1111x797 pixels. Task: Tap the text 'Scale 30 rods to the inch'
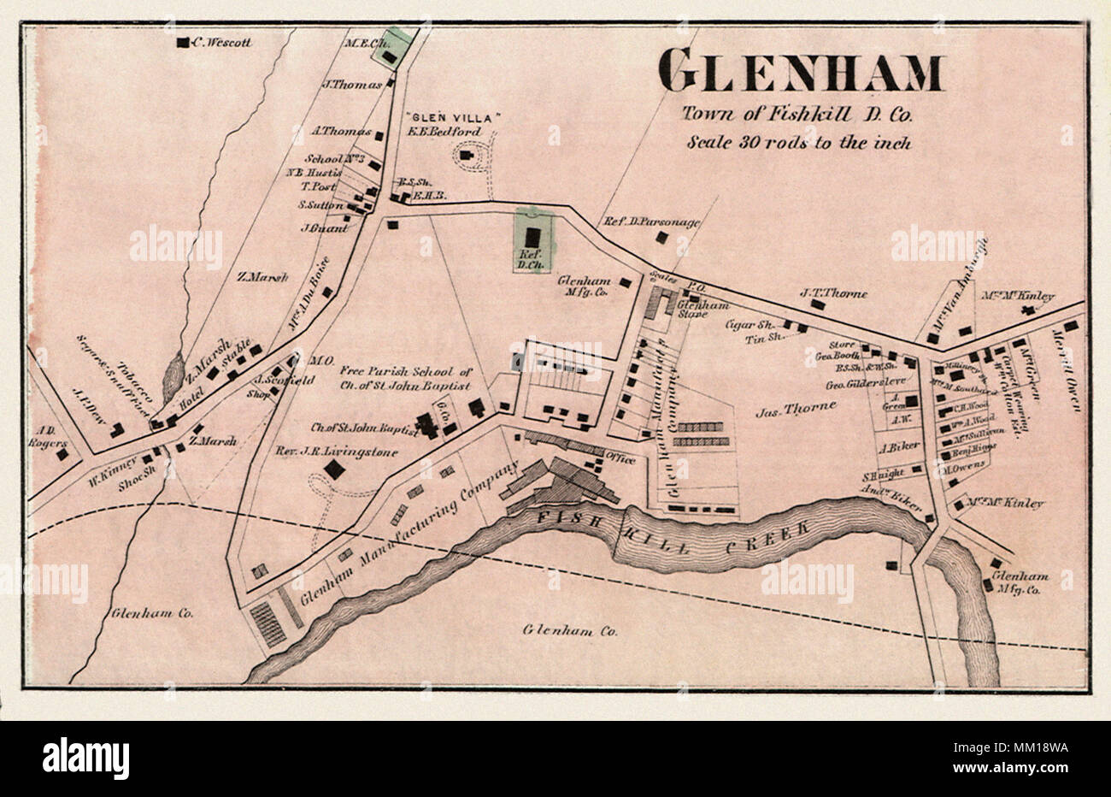(799, 142)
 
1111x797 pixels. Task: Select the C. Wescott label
(222, 41)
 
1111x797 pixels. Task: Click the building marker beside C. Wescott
(182, 42)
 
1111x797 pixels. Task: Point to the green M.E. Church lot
(391, 47)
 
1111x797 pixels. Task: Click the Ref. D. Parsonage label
(651, 221)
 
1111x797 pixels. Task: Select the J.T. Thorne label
(833, 293)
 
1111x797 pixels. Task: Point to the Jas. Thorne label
(796, 409)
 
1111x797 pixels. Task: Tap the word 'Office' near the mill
(620, 459)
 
